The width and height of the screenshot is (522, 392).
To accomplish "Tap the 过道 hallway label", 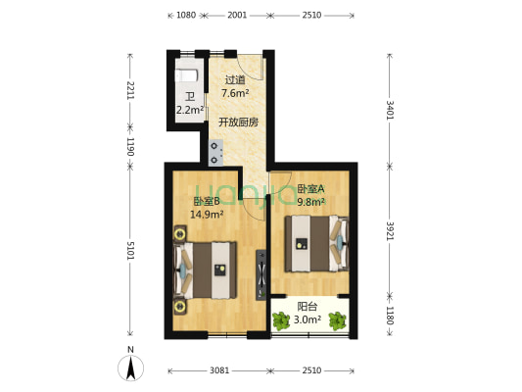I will pos(234,80).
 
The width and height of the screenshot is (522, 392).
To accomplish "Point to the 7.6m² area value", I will pos(234,94).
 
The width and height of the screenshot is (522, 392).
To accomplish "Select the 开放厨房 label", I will pos(238,122).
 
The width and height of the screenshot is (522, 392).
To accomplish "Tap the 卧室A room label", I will pos(310,189).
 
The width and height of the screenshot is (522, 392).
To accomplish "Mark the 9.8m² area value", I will pos(311,203).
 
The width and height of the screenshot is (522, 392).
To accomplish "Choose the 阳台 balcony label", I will pos(308,306).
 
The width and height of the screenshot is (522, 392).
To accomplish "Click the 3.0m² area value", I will pos(309,319).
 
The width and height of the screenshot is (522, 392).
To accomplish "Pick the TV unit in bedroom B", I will pos(261,275).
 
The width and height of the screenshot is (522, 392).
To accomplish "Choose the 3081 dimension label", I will pos(217,370).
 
